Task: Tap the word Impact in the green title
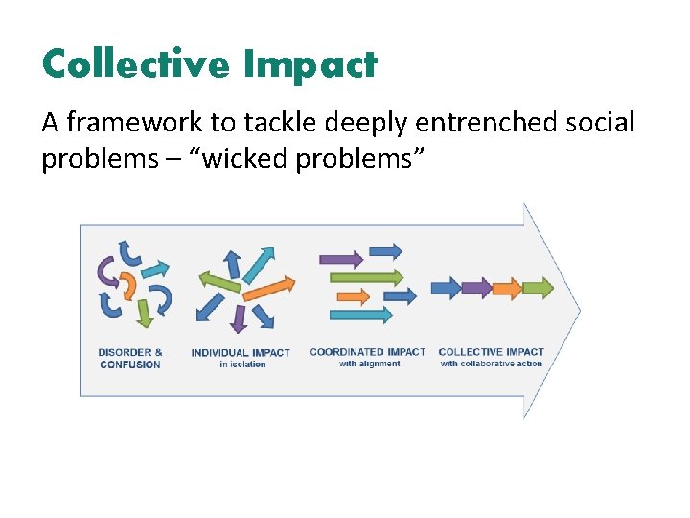[310, 65]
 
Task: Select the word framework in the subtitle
[155, 123]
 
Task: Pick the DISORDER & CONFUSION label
[130, 358]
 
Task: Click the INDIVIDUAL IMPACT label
[241, 353]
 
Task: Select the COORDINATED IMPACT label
[367, 352]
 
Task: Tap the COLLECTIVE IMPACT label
[491, 352]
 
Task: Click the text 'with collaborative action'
[491, 364]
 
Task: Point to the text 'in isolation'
[241, 365]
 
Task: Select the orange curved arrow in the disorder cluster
[127, 287]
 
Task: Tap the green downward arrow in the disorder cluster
[144, 313]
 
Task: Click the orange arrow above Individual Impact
[271, 288]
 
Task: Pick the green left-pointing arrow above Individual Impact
[218, 281]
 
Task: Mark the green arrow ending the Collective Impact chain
[539, 287]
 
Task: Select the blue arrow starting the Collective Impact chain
[446, 287]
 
